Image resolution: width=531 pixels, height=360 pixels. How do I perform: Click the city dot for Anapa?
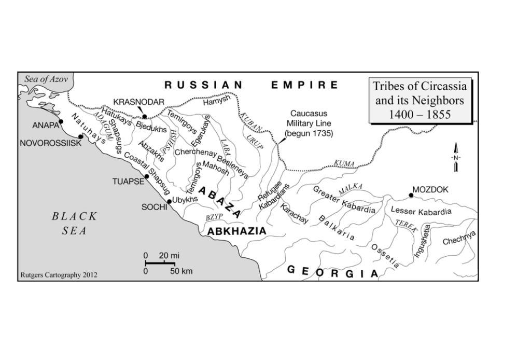point(61,121)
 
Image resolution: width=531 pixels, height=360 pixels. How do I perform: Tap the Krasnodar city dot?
point(145,116)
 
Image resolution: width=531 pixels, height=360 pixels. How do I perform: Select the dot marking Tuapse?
point(147,176)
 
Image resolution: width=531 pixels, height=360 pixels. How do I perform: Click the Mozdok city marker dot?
point(411,195)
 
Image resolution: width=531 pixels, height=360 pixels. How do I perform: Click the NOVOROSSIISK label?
point(50,143)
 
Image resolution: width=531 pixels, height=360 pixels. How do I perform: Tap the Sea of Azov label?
point(45,79)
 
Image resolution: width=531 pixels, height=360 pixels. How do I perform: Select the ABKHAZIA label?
point(236,231)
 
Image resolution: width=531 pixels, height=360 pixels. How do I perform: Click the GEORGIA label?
point(332,272)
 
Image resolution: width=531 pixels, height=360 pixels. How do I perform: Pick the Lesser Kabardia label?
point(421,212)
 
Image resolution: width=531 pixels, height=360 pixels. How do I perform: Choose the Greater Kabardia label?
point(344,200)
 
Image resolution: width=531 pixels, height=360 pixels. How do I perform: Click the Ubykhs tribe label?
point(185,200)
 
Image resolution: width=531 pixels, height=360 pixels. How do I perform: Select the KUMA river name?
point(344,163)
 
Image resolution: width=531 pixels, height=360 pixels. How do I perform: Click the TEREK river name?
point(406,226)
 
